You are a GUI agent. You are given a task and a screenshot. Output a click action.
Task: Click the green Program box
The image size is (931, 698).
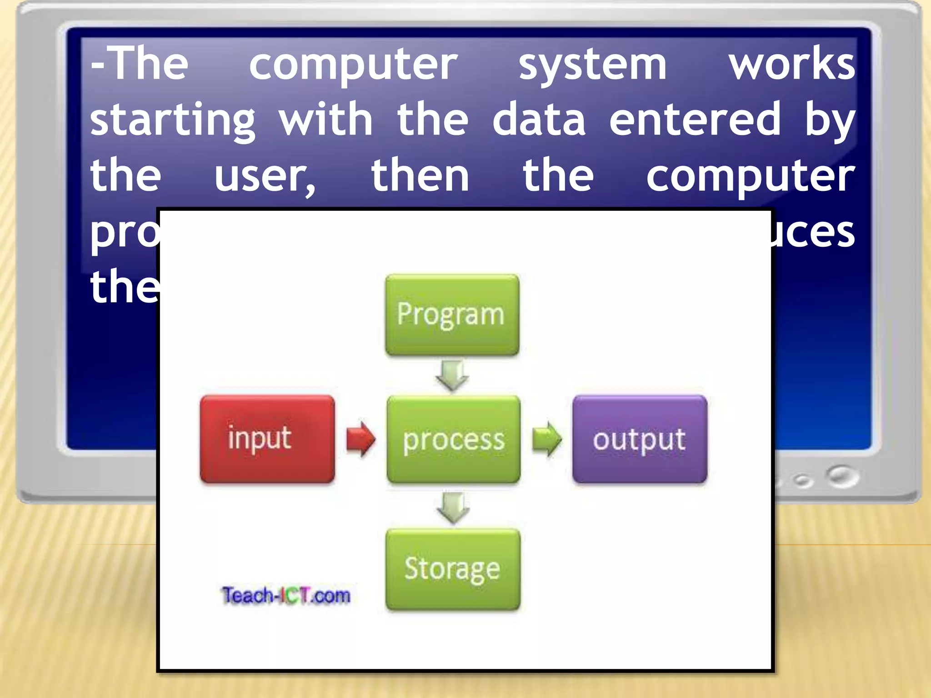[x=452, y=314]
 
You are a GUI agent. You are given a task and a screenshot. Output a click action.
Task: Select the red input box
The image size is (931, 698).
[x=267, y=439]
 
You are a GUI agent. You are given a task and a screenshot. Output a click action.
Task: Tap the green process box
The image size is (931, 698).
[x=454, y=439]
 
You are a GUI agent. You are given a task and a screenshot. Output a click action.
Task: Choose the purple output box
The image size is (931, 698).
[x=640, y=439]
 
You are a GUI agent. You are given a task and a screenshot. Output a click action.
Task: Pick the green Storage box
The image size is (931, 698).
[x=453, y=569]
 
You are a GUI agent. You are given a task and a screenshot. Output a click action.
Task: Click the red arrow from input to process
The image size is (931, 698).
[x=360, y=439]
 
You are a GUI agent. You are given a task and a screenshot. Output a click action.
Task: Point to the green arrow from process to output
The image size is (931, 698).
[x=547, y=439]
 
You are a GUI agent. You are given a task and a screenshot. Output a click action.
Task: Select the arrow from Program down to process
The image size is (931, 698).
[x=452, y=375]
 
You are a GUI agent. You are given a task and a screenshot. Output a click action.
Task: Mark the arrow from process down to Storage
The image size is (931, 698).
[x=453, y=507]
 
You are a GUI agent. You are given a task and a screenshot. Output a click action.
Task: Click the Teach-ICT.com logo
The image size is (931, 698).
[x=286, y=595]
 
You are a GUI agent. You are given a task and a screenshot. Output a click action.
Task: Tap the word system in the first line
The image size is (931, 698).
[x=592, y=65]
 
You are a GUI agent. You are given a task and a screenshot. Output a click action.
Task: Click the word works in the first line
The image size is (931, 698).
[x=792, y=65]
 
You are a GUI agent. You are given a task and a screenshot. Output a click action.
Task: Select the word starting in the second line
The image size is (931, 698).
[x=173, y=120]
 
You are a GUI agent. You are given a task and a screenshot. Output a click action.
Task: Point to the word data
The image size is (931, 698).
[x=539, y=119]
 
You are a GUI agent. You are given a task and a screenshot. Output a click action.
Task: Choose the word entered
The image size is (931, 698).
[x=695, y=119]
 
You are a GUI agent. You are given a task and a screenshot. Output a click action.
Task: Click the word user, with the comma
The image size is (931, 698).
[x=265, y=176]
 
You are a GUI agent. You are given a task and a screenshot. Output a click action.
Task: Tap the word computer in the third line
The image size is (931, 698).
[x=750, y=176]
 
